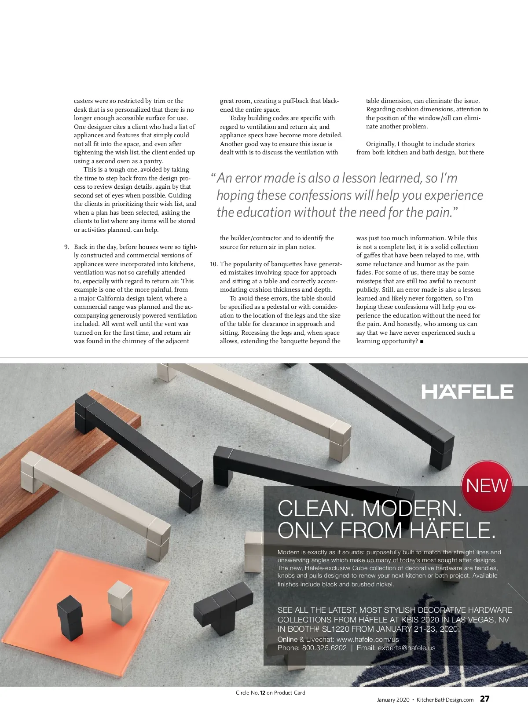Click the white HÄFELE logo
coord(467,392)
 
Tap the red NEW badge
coord(487,486)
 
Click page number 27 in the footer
coord(484,699)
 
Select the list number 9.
coord(67,247)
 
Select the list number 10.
coord(214,264)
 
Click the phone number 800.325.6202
coord(324,648)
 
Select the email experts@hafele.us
coord(407,648)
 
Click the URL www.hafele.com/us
coord(367,640)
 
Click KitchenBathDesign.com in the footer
coord(445,700)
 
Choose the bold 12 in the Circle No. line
coord(262,693)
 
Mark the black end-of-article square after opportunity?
coord(422,342)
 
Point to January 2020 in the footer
coord(393,700)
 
